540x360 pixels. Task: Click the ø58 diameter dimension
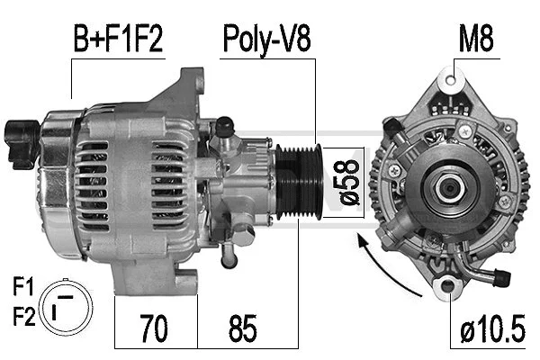point(348,184)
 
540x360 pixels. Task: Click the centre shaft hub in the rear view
point(447,187)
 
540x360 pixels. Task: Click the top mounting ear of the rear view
point(447,83)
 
